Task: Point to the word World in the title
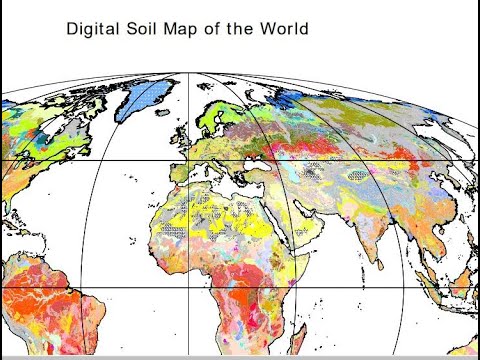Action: (x=282, y=29)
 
